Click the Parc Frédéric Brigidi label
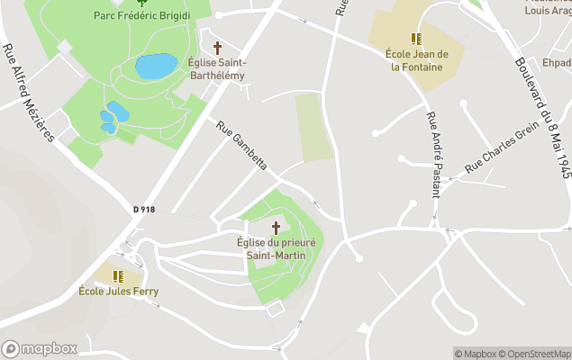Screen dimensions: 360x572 (x=141, y=15)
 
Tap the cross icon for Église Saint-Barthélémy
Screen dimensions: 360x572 (x=217, y=47)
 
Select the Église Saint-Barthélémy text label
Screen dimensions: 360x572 (x=216, y=68)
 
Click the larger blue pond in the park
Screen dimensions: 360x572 (x=156, y=66)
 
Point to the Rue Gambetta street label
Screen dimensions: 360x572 (x=242, y=146)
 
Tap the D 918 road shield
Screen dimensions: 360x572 (x=144, y=210)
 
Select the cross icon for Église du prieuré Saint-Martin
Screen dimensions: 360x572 (x=277, y=228)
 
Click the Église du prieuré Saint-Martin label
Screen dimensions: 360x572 (x=277, y=248)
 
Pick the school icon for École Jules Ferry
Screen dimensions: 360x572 (x=117, y=275)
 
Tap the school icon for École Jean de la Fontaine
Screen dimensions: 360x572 (x=415, y=39)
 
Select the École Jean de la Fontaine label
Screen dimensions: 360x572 (x=415, y=60)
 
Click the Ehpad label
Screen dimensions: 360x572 (x=556, y=63)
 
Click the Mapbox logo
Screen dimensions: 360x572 (x=40, y=348)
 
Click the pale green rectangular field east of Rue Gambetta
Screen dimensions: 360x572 (x=313, y=128)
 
